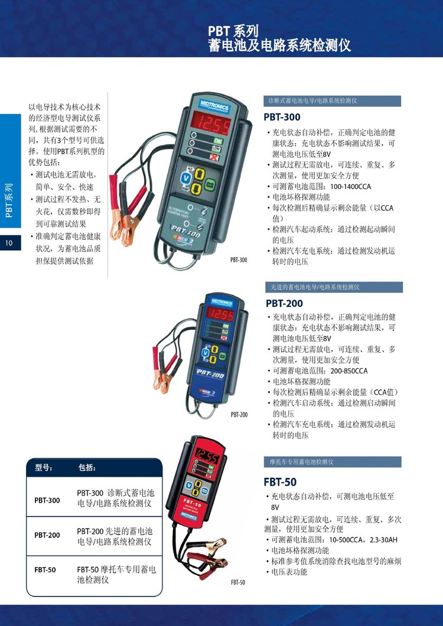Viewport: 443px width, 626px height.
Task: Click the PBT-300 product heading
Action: pos(282,117)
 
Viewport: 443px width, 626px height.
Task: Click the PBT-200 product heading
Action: pos(284,303)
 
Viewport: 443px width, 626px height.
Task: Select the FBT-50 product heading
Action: pos(280,482)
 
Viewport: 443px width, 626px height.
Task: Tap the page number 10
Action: pos(9,242)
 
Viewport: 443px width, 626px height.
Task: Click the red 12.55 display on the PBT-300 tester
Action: pos(211,122)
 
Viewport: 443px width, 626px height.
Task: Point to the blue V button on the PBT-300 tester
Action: pos(185,178)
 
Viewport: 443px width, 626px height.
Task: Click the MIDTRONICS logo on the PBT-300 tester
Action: pos(214,105)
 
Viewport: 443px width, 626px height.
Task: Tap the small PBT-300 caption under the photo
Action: pos(239,260)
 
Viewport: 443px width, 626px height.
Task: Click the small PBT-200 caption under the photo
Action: pos(239,414)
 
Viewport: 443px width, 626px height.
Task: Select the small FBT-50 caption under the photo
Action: pos(238,582)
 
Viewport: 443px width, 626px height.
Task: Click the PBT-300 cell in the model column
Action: pos(47,500)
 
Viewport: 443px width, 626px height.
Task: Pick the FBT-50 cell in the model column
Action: pos(45,570)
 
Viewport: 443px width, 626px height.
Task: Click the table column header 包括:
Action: pos(87,467)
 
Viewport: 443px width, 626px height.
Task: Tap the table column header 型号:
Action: pos(44,467)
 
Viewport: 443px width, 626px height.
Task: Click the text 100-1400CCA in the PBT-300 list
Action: pos(350,186)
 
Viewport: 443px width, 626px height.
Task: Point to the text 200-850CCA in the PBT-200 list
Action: pos(348,371)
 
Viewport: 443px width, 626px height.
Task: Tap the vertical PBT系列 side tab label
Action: pos(9,201)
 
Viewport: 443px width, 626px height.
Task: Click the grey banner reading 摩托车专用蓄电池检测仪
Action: pos(332,462)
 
